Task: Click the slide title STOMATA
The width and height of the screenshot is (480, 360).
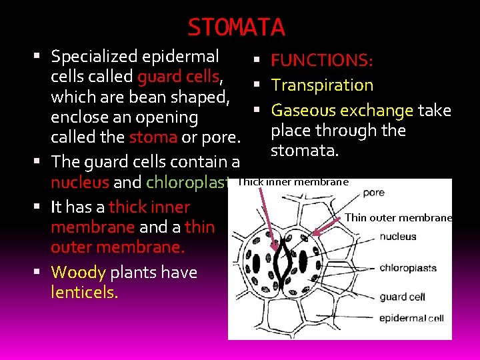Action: point(236,27)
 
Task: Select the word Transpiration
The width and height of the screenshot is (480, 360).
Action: point(322,85)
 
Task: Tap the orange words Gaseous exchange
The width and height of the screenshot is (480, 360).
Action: point(342,110)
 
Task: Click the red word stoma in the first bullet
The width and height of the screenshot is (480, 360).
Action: point(153,138)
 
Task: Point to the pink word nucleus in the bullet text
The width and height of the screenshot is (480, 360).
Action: point(80,182)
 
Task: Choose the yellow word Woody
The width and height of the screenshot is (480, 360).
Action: point(78,272)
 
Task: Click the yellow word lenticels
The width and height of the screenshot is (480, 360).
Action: point(84,292)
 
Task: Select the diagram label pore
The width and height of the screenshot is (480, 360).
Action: point(373,193)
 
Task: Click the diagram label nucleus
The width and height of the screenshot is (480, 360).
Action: point(398,236)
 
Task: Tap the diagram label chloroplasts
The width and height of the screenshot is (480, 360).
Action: point(408,268)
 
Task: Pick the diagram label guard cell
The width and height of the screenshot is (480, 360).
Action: point(402,297)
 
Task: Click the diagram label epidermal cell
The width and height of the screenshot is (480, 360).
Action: point(411,318)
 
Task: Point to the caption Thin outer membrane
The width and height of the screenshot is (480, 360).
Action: point(398,217)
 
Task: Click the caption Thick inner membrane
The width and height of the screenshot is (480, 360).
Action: point(293,181)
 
